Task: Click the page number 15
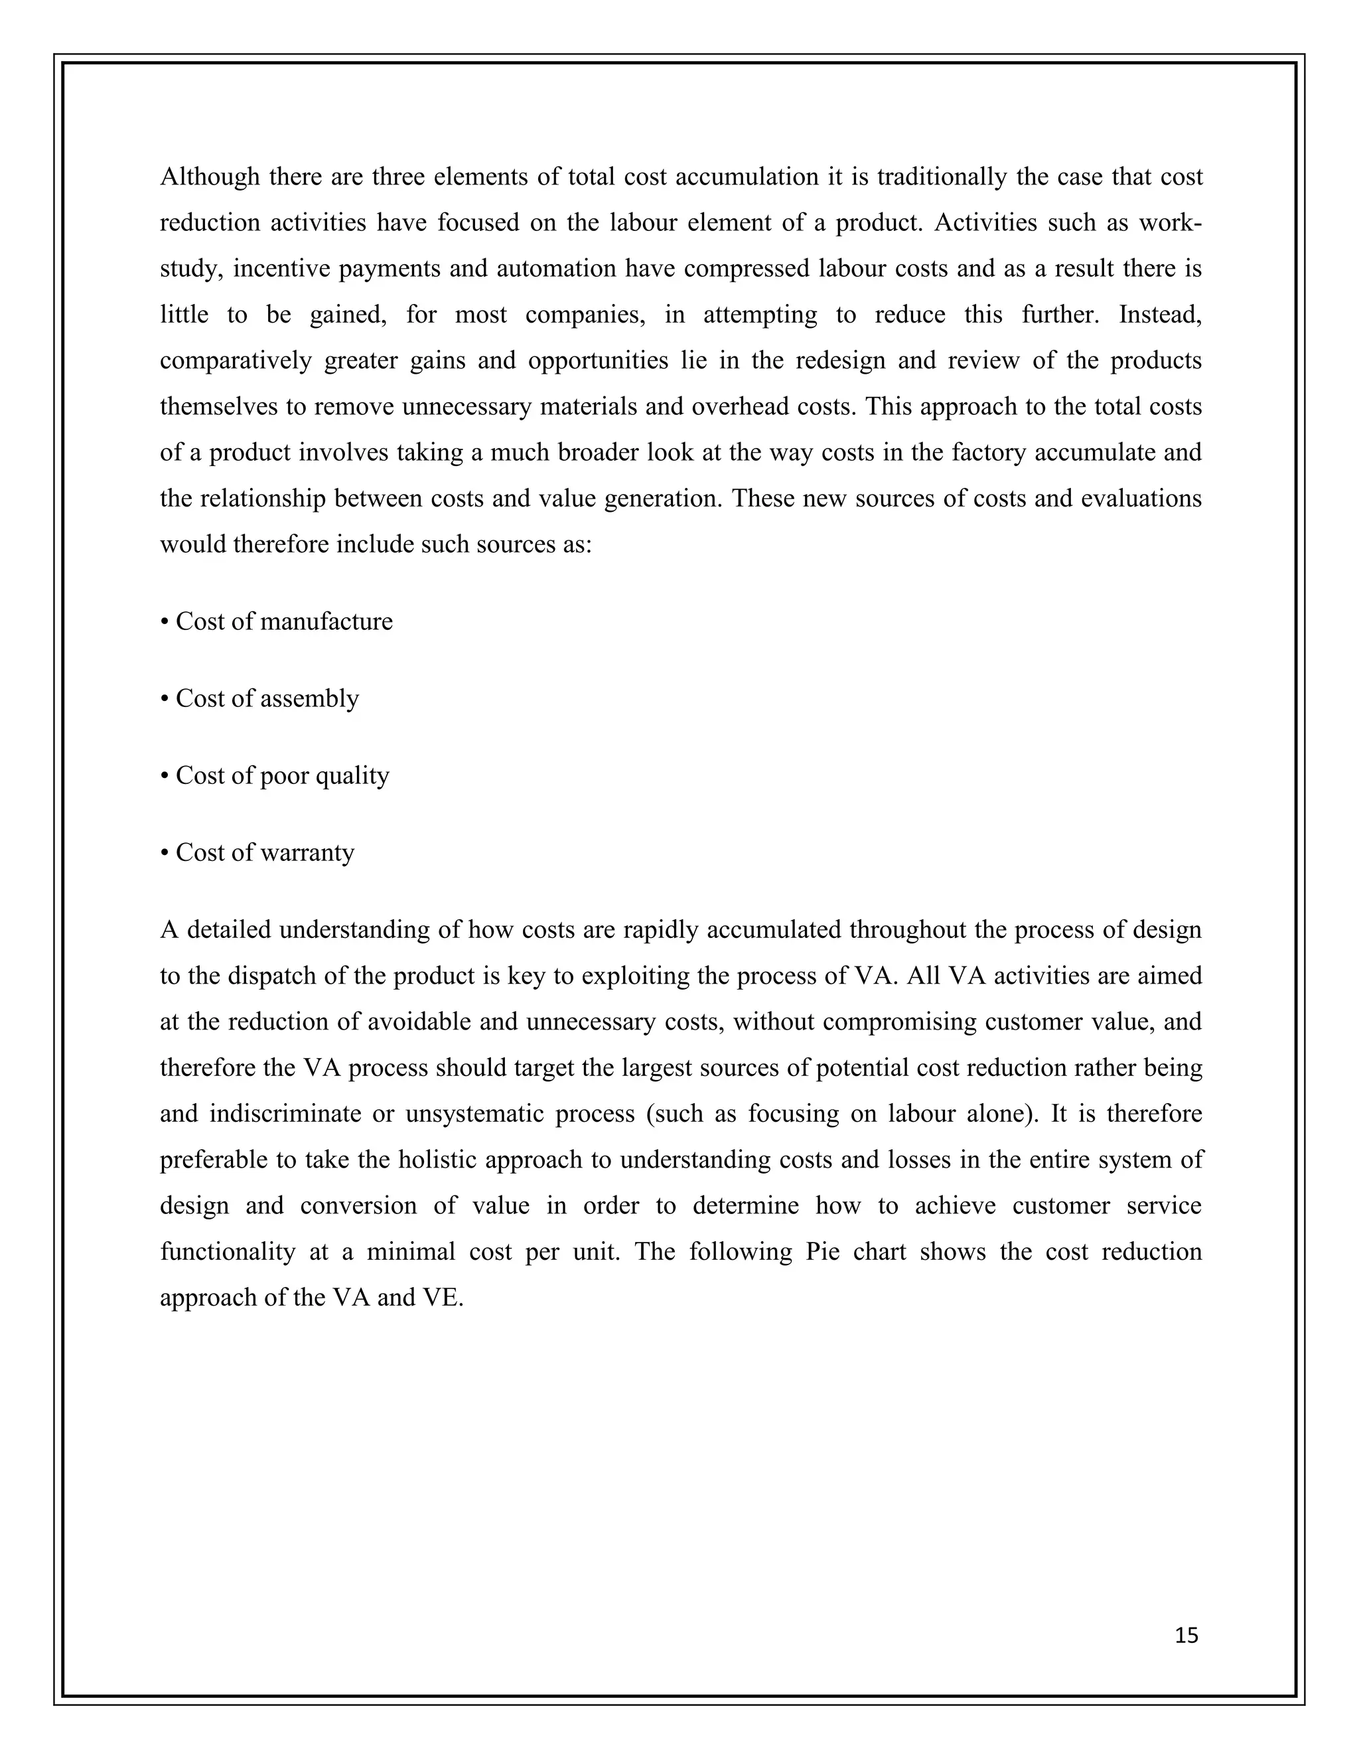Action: point(1186,1635)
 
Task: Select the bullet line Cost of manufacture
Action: point(276,622)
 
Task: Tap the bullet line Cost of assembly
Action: point(259,698)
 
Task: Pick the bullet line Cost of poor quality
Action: point(275,775)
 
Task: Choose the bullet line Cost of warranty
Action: point(257,852)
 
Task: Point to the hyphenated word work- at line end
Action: point(1170,223)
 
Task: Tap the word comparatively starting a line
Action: point(235,361)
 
